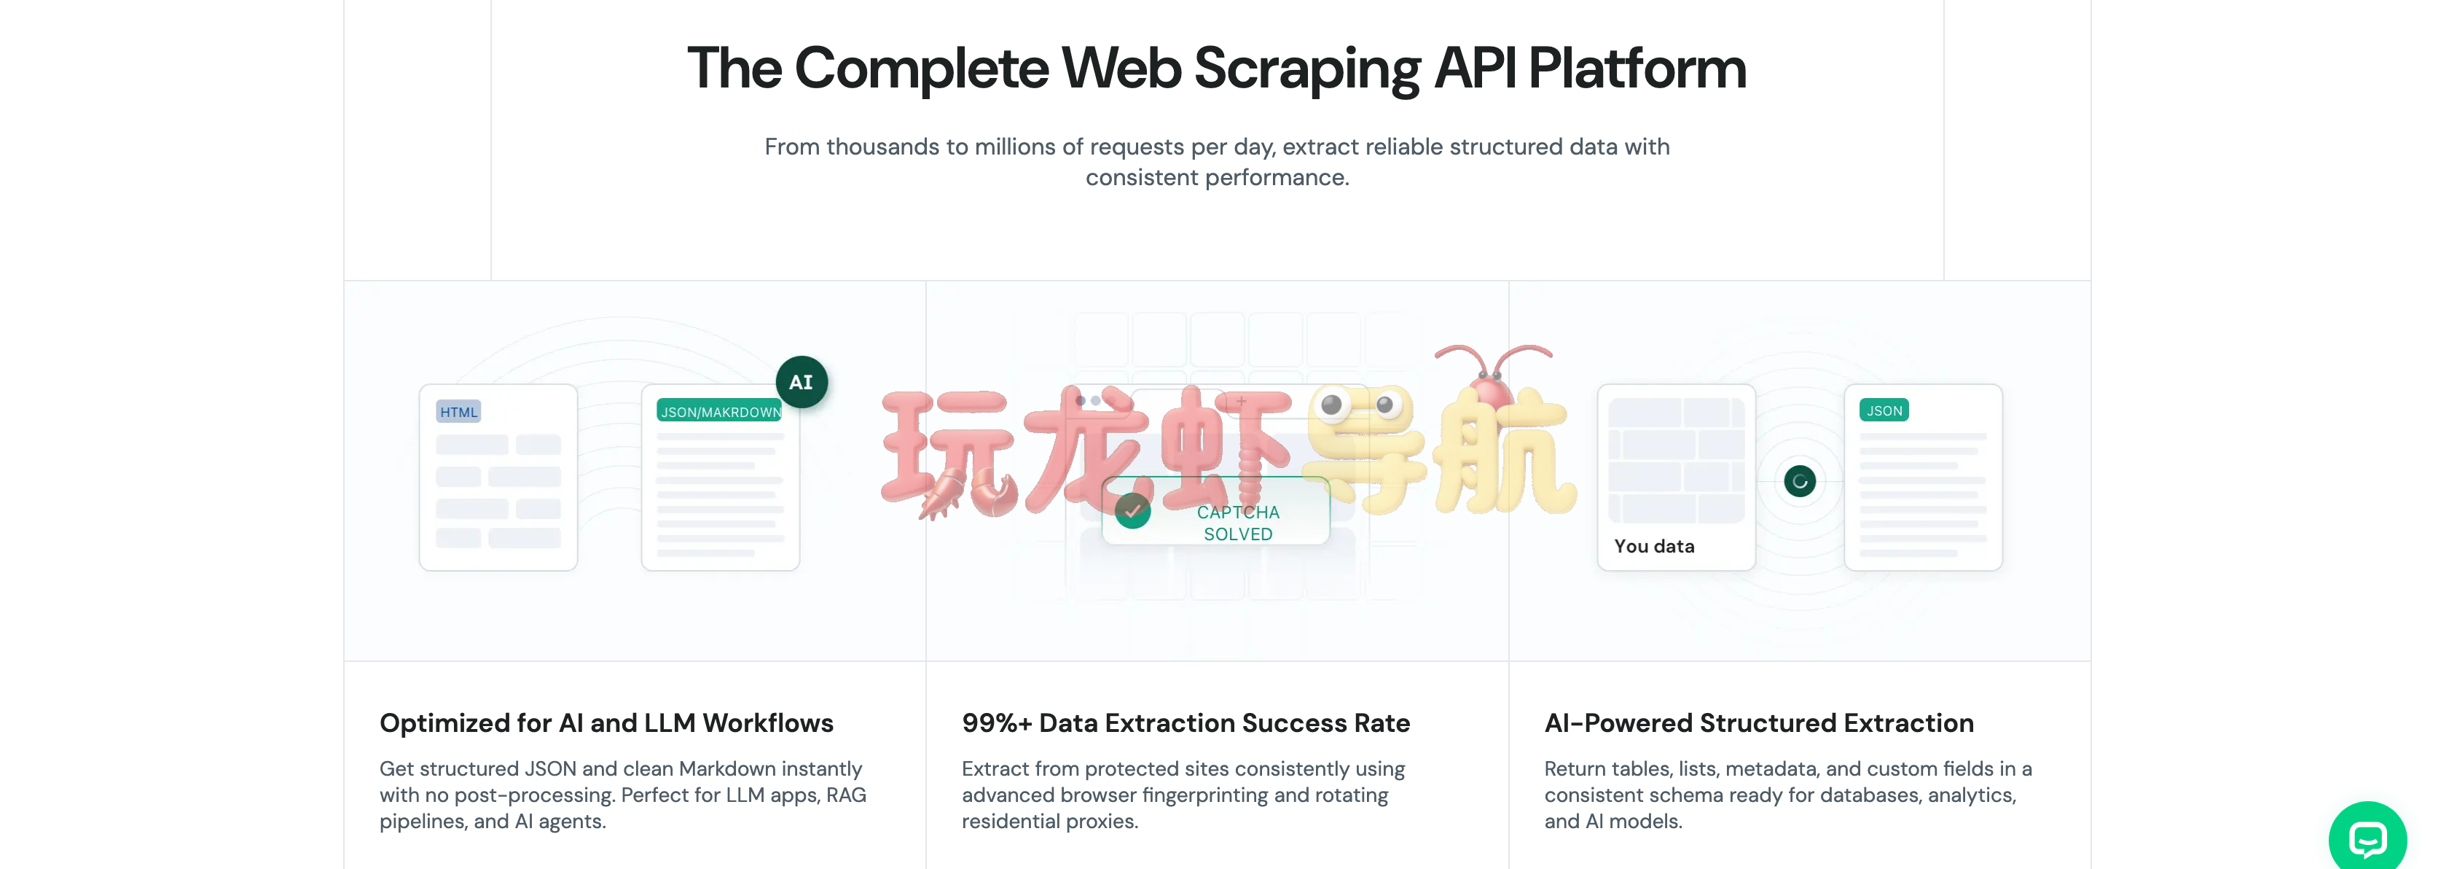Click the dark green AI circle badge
pyautogui.click(x=802, y=381)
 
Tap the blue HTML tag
pyautogui.click(x=459, y=411)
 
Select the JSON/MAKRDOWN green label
pyautogui.click(x=720, y=411)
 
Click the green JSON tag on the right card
pyautogui.click(x=1884, y=410)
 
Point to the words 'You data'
pyautogui.click(x=1654, y=545)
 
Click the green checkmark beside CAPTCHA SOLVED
pyautogui.click(x=1132, y=510)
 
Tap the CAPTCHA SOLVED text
pyautogui.click(x=1238, y=523)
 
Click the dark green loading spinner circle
pyautogui.click(x=1800, y=480)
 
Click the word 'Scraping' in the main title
pyautogui.click(x=1306, y=69)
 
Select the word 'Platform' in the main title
pyautogui.click(x=1637, y=69)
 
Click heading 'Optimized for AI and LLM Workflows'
pyautogui.click(x=607, y=723)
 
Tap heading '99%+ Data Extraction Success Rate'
pyautogui.click(x=1186, y=723)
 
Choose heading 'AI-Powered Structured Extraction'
pyautogui.click(x=1759, y=723)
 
